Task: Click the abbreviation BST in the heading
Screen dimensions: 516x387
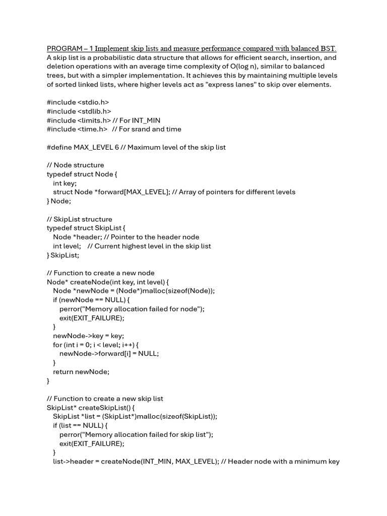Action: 327,48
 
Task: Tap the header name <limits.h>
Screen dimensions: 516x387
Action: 94,120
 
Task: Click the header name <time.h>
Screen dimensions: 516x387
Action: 93,130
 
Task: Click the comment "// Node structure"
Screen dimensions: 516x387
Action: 76,165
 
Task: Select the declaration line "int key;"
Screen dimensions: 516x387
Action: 65,183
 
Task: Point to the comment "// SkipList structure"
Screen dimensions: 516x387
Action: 80,219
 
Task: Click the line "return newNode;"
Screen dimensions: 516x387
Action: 81,372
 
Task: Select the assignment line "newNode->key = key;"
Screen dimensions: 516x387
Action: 89,336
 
